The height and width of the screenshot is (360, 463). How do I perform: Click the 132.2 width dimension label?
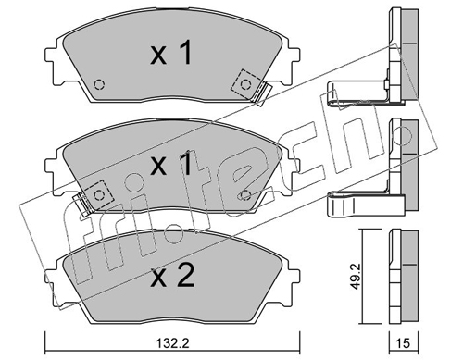coord(173,343)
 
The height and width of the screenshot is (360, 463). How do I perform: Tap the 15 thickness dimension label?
coord(403,343)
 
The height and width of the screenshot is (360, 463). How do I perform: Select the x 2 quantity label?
coord(172,277)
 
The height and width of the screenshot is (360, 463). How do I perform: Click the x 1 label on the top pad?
coord(171,53)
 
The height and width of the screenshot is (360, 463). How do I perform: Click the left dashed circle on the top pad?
coord(99,84)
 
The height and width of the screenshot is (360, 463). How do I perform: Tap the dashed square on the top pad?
coord(245,84)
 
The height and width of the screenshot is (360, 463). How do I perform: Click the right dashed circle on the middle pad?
coord(245,195)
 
